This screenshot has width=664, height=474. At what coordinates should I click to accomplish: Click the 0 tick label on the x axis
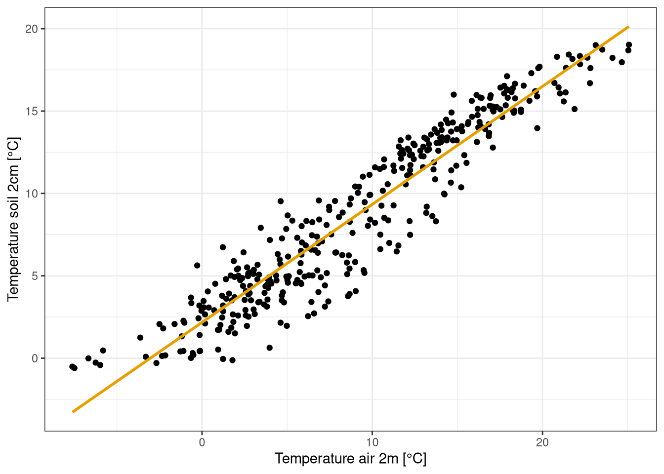tap(202, 443)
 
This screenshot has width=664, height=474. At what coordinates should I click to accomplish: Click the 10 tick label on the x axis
tap(372, 443)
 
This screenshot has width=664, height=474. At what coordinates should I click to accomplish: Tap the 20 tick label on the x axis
tap(542, 443)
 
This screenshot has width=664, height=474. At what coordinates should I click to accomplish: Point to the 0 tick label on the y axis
tap(35, 358)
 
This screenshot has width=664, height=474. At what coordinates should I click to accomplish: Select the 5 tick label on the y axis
tap(35, 276)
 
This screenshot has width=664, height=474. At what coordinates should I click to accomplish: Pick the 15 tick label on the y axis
tap(32, 111)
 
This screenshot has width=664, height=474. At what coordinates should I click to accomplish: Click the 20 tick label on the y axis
tap(32, 29)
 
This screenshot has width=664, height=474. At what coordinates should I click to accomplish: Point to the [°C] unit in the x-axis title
tap(415, 459)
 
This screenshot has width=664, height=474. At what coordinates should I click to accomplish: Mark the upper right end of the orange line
tap(628, 27)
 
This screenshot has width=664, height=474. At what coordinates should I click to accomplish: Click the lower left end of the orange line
tap(73, 412)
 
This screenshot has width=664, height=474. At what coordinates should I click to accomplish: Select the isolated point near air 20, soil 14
tap(537, 128)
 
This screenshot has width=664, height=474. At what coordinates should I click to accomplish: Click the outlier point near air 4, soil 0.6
tap(270, 348)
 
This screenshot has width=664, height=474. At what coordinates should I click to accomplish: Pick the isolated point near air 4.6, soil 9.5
tap(281, 201)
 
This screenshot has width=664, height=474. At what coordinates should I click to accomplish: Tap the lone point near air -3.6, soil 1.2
tap(140, 338)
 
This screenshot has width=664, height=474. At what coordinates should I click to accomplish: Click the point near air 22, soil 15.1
tap(575, 109)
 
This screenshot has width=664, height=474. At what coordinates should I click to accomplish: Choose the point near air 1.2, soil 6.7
tap(223, 247)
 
